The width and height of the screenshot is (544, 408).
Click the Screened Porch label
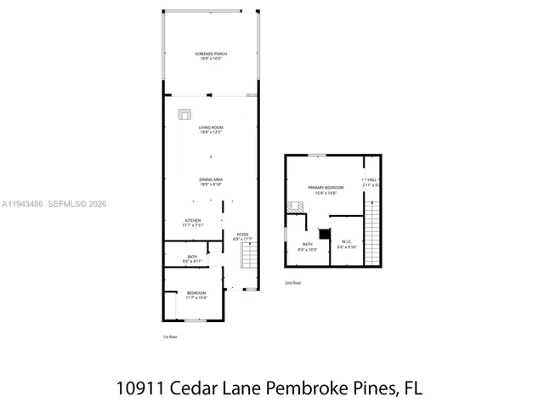(x=211, y=56)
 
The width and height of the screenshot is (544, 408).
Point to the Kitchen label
(x=193, y=222)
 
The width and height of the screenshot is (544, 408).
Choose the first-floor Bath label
(x=193, y=258)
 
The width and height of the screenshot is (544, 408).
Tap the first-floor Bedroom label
(x=195, y=294)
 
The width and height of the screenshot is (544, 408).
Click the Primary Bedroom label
(x=323, y=190)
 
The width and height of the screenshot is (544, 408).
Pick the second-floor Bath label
(x=306, y=246)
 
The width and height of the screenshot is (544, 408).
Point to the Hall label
(x=371, y=180)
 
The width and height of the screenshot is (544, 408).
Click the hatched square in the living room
(x=184, y=115)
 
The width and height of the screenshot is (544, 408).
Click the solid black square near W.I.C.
(x=322, y=234)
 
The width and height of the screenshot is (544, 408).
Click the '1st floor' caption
(x=170, y=337)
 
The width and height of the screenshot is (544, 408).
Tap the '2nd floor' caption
(x=292, y=283)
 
